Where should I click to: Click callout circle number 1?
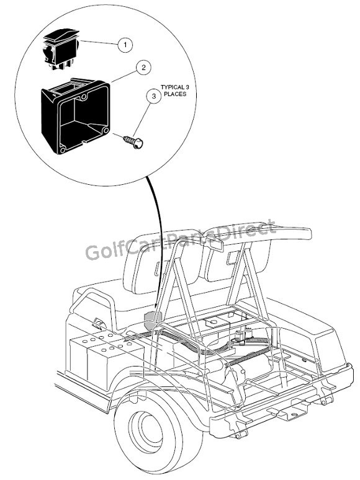pos(125,45)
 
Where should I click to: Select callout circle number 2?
pos(144,67)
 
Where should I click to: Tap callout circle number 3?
pos(154,96)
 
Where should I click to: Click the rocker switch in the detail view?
pos(61,49)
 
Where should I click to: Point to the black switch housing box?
pos(75,116)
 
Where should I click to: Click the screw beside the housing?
pos(133,142)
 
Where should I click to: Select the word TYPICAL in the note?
pos(173,87)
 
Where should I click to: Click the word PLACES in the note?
pos(175,94)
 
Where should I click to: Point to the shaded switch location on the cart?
pos(151,320)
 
